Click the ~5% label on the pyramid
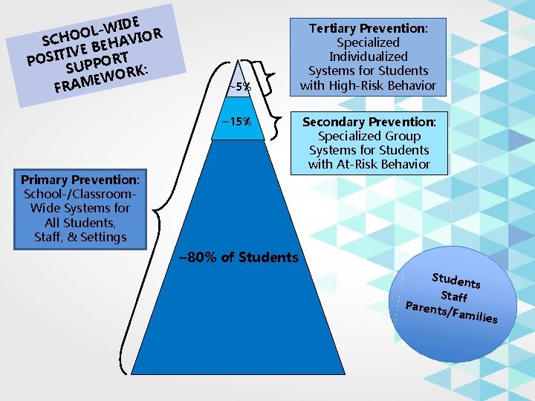click(239, 88)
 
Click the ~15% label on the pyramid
click(236, 122)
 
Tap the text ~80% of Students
click(238, 258)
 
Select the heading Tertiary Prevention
click(368, 28)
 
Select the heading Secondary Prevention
click(369, 122)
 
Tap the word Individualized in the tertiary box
click(369, 56)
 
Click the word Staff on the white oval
click(455, 295)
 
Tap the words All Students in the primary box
click(81, 223)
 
